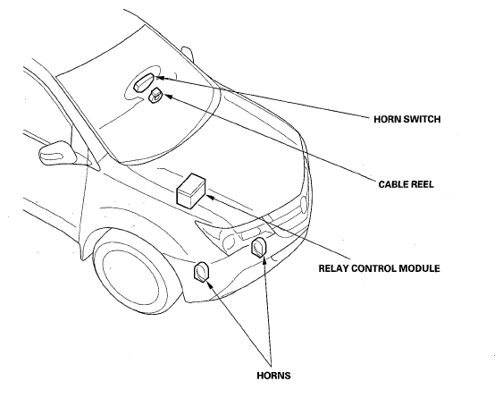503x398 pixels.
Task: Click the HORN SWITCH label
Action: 407,119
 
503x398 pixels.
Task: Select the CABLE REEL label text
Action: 406,184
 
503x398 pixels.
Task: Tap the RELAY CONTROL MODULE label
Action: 379,268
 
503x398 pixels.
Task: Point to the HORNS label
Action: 273,375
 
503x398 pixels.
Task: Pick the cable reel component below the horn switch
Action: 156,96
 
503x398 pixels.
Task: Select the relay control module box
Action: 191,191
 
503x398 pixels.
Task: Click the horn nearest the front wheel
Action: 201,272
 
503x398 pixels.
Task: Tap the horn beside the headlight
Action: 258,247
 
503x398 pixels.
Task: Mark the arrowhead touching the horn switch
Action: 159,78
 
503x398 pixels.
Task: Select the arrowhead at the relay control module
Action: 212,198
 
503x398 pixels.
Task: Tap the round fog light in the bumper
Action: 229,242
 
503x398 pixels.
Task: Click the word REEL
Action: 422,184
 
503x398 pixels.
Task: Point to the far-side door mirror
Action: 188,54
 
